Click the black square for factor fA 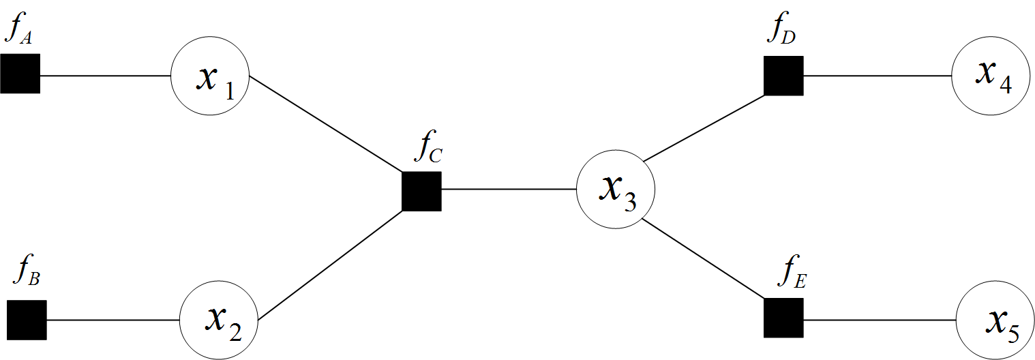pyautogui.click(x=20, y=73)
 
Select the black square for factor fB pyautogui.click(x=27, y=320)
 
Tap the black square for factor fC pyautogui.click(x=421, y=191)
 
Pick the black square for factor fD pyautogui.click(x=783, y=76)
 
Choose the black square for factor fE pyautogui.click(x=783, y=318)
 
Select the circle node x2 pyautogui.click(x=220, y=320)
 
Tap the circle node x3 pyautogui.click(x=616, y=190)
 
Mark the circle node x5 pyautogui.click(x=995, y=321)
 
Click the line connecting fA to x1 pyautogui.click(x=105, y=74)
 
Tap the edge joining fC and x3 pyautogui.click(x=509, y=189)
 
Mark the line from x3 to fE pyautogui.click(x=702, y=258)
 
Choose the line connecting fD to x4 pyautogui.click(x=877, y=75)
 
